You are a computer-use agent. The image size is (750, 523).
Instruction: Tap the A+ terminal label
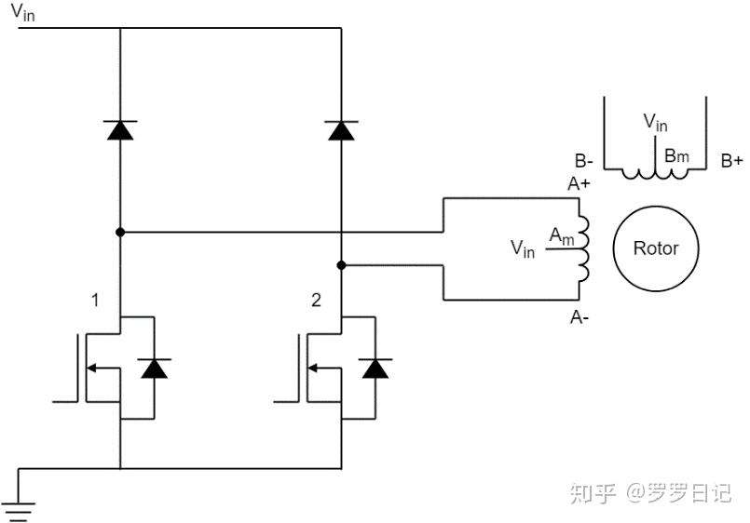coord(579,183)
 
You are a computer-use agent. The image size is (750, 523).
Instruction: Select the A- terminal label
coord(580,316)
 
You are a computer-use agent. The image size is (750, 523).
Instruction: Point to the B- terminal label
coord(583,161)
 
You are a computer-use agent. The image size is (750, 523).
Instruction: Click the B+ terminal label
coord(731,161)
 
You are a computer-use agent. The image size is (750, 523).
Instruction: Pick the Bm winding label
coord(676,155)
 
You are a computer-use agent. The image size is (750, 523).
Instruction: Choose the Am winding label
coord(562,236)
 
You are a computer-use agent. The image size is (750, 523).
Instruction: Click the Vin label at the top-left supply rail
coord(22,12)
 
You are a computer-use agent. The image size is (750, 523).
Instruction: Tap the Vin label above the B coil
coord(655,122)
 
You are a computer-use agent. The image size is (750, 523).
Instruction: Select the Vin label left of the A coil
coord(523,248)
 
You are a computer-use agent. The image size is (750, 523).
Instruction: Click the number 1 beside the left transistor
coord(95,300)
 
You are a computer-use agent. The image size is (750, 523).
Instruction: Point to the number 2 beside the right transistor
coord(316,300)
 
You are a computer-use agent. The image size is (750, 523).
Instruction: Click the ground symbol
coord(18,511)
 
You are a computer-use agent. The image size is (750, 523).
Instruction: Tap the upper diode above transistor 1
coord(120,130)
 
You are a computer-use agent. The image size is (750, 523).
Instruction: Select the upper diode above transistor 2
coord(341,130)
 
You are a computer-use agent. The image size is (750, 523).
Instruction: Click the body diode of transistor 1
coord(154,369)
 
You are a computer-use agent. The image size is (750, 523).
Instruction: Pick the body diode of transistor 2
coord(375,369)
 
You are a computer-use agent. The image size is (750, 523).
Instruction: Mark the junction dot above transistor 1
coord(120,232)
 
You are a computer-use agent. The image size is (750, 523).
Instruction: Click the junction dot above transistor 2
coord(341,265)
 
